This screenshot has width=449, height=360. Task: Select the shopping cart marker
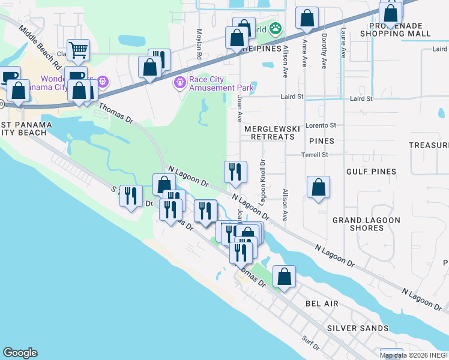[78, 51]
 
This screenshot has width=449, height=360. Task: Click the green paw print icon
[276, 28]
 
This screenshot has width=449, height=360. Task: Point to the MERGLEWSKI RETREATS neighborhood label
[269, 133]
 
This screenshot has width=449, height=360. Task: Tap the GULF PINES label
[371, 172]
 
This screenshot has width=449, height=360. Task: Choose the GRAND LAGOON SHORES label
[366, 224]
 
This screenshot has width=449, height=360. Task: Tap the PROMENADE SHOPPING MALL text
[396, 30]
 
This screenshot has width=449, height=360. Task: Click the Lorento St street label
[321, 125]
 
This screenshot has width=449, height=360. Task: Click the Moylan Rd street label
[199, 42]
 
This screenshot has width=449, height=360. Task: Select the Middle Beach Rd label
[40, 46]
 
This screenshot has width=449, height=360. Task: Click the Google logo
[20, 353]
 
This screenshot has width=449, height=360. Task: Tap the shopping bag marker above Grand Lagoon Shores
[318, 187]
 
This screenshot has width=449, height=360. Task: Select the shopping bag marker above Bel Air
[285, 277]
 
